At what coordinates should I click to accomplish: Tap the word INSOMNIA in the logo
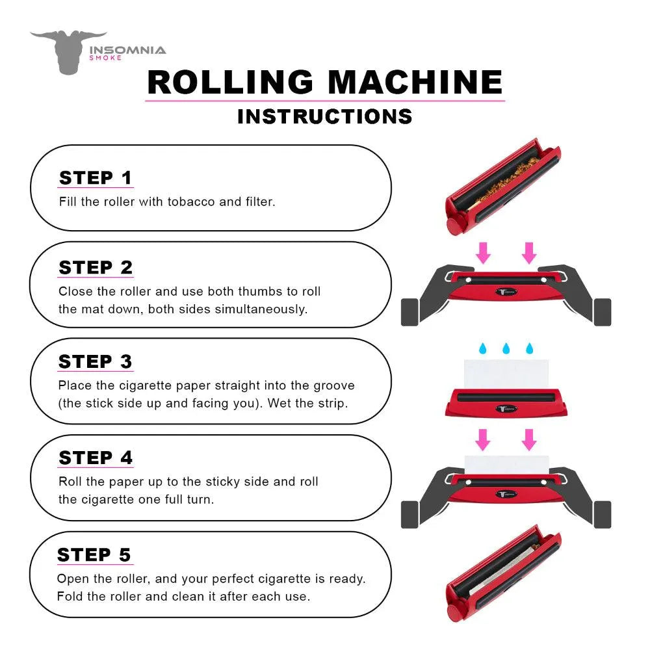[x=127, y=50]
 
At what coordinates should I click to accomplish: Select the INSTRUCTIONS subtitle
[x=325, y=116]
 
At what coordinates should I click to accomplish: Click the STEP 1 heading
[x=96, y=177]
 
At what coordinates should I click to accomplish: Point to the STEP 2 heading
[x=96, y=267]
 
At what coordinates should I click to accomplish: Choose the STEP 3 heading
[x=96, y=361]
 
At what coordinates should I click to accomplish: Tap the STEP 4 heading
[x=96, y=458]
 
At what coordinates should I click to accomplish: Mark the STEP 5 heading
[x=94, y=554]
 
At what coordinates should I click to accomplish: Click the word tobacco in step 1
[x=191, y=201]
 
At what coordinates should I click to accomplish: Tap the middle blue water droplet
[x=506, y=349]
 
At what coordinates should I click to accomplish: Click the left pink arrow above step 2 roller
[x=483, y=252]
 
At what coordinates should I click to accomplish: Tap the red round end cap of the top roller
[x=452, y=226]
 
